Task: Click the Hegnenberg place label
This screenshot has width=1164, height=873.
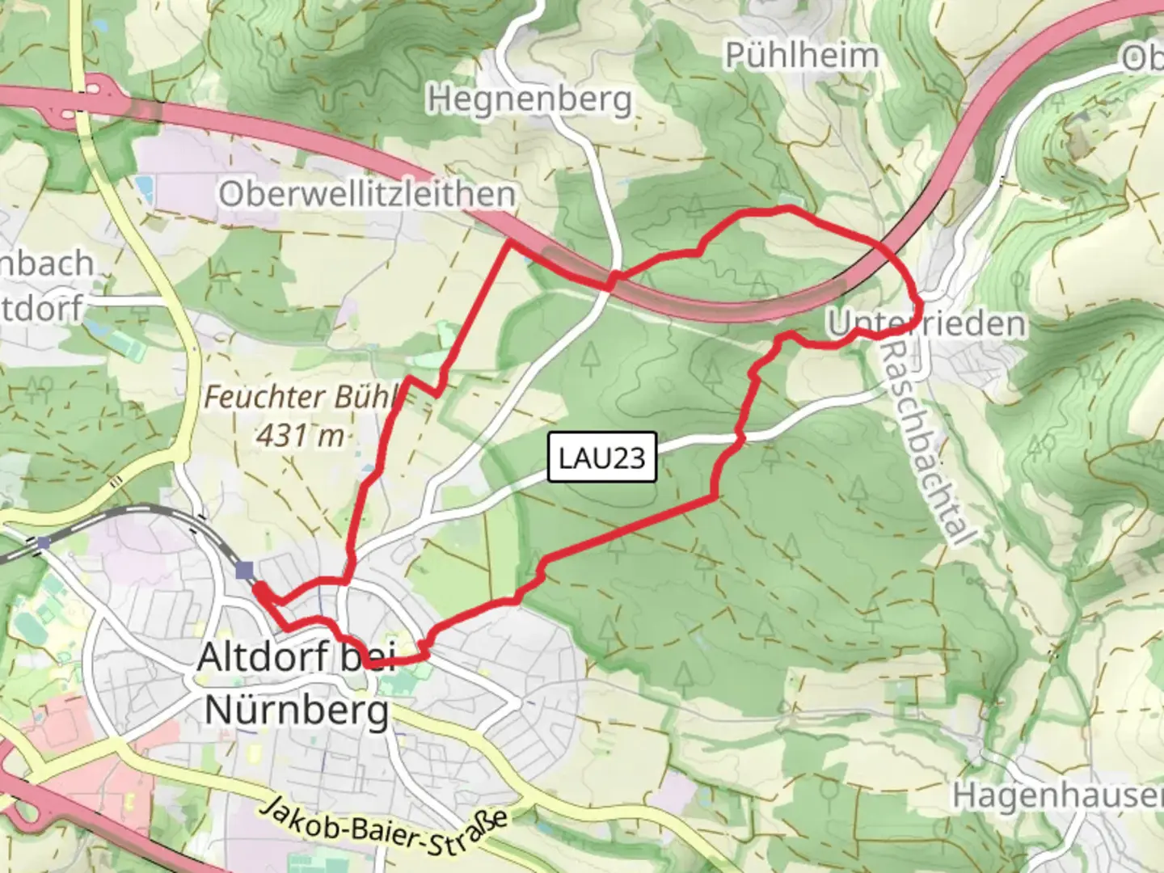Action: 529,99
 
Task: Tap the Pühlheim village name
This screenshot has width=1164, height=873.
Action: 801,56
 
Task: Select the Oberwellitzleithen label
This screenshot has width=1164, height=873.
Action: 366,194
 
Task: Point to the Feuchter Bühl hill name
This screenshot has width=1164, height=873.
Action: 301,397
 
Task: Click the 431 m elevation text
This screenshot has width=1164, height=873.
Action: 300,436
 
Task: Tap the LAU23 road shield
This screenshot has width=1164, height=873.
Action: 602,458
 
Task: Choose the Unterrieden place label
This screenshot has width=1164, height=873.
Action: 926,324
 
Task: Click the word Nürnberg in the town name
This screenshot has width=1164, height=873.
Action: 297,711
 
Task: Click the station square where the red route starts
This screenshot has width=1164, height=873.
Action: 245,571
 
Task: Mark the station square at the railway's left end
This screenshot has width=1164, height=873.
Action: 43,543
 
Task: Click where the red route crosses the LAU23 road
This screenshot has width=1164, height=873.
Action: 739,437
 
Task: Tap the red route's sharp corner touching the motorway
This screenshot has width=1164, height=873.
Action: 510,241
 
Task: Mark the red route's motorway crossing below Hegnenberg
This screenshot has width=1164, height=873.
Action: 612,279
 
